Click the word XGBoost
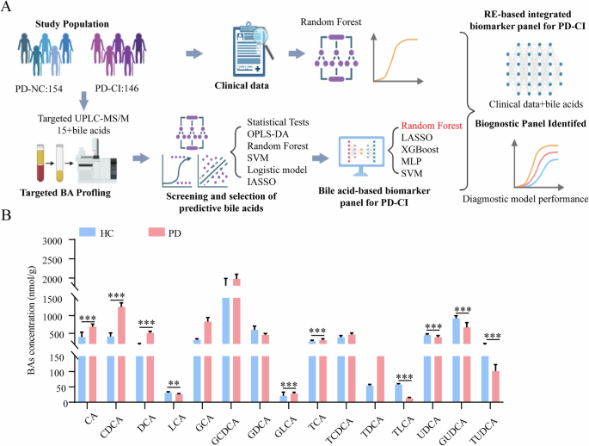419,149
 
